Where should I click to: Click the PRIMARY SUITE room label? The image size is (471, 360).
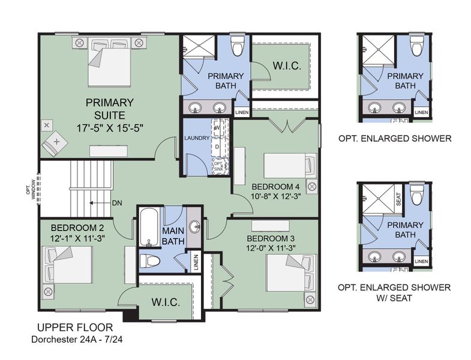pos(109,107)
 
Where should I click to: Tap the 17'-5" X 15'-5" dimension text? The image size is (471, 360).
pos(109,127)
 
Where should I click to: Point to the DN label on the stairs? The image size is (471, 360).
pos(118,203)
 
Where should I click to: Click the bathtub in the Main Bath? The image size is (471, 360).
pos(148,228)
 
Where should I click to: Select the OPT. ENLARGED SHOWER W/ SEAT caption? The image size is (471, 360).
pos(394,292)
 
